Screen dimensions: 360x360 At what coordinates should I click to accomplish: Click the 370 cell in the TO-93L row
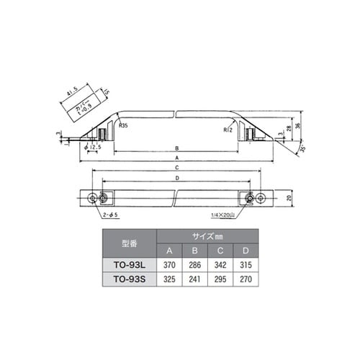click(170, 264)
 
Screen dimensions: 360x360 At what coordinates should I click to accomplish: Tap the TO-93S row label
click(129, 277)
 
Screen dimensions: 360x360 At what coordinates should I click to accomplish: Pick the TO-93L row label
click(129, 264)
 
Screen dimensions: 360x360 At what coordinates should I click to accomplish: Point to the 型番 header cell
click(129, 243)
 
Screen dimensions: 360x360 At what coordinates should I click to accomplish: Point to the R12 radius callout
click(228, 130)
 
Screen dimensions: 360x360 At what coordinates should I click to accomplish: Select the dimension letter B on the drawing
click(177, 149)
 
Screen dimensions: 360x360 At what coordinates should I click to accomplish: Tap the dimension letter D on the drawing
click(177, 176)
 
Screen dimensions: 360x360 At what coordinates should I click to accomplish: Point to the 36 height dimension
click(297, 127)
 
